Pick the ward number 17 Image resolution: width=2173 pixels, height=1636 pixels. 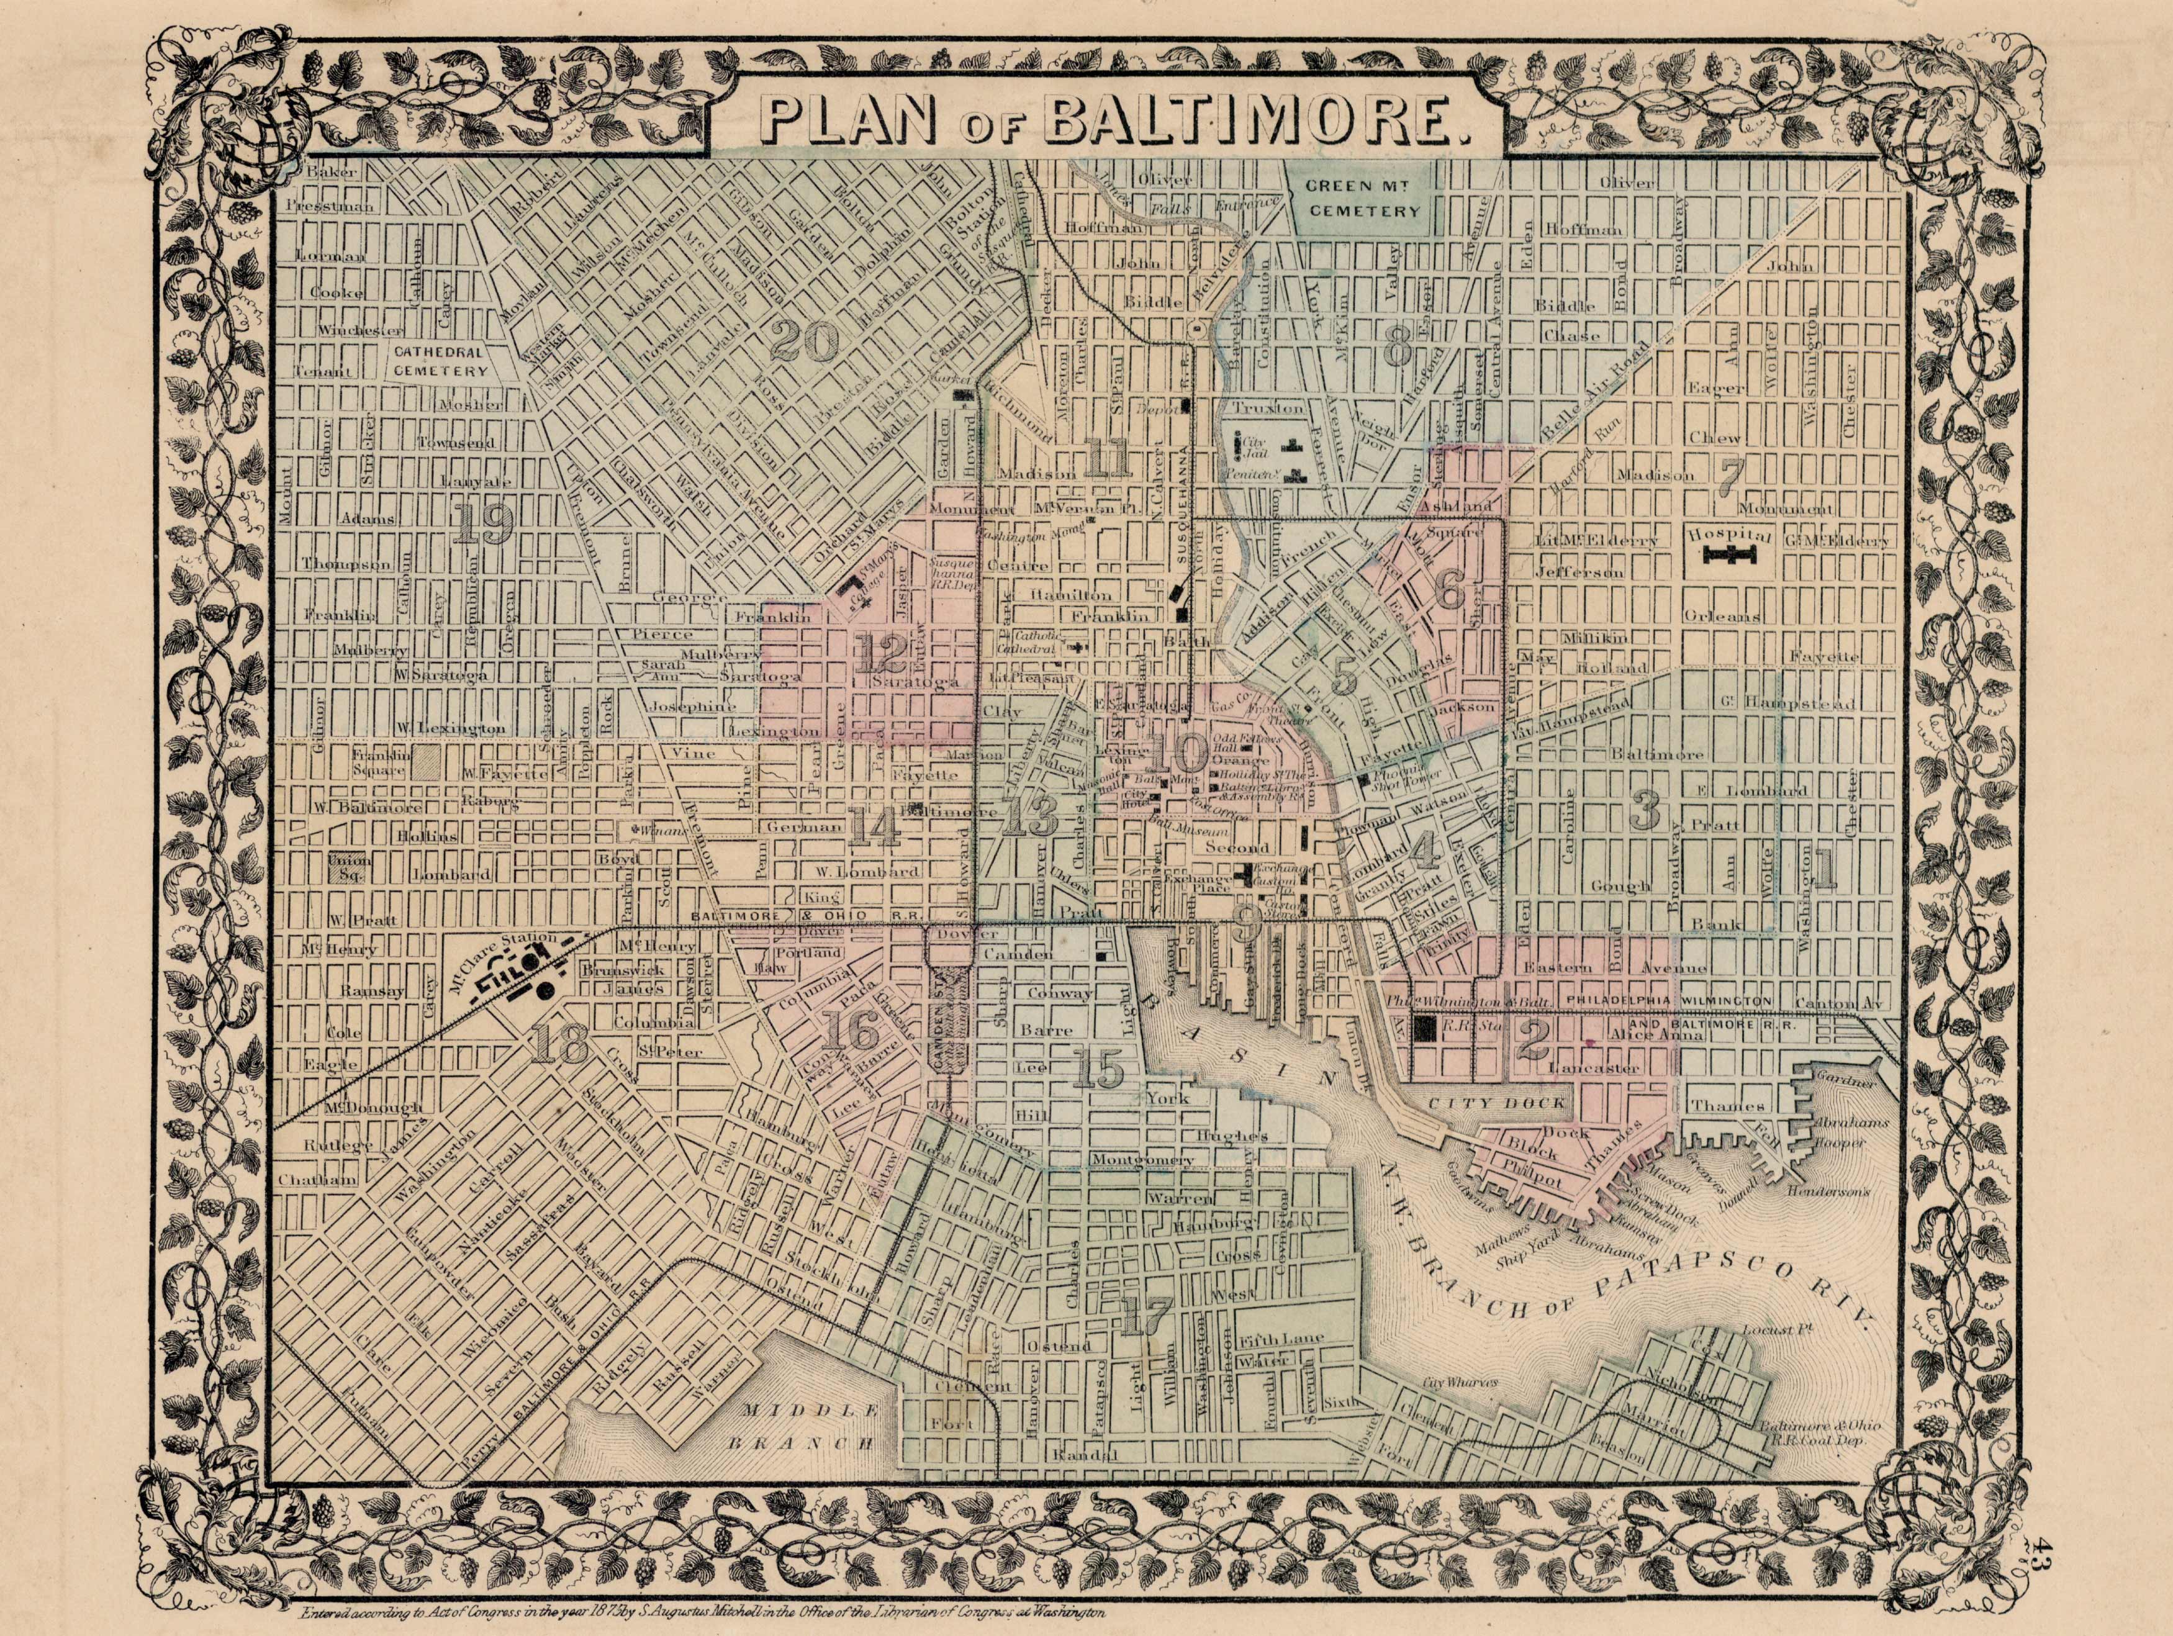1145,1317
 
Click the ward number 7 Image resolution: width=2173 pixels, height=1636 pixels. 1730,474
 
